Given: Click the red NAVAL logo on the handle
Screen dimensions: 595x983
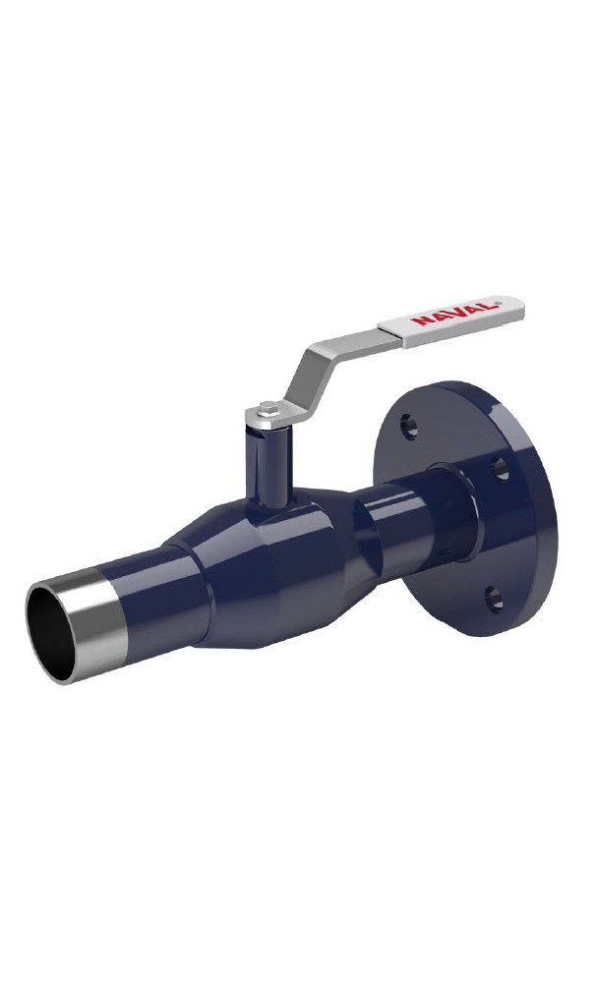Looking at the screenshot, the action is click(456, 313).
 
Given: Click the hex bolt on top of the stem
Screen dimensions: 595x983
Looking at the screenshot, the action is click(268, 408).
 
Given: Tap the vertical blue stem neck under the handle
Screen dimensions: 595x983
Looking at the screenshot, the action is click(268, 466).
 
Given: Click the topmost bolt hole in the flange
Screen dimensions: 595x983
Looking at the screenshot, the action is click(409, 426).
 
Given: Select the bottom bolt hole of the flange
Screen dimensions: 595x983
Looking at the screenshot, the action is click(494, 598).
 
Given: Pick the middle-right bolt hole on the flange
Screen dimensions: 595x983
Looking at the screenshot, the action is click(500, 468).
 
